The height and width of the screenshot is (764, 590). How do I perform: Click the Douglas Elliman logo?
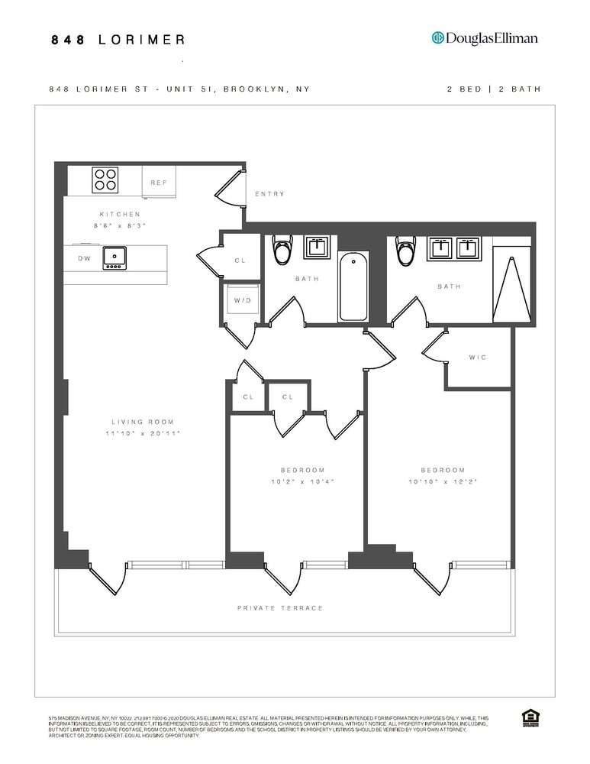485,38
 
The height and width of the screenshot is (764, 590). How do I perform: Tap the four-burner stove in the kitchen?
105,180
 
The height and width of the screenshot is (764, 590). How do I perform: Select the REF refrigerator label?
159,183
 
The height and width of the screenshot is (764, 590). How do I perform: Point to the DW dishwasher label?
84,258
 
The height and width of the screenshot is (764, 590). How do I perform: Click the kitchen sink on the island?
114,257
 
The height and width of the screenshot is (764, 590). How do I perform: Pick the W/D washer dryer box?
242,299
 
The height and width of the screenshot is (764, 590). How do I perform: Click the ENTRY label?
269,194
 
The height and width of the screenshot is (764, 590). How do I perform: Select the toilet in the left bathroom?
282,249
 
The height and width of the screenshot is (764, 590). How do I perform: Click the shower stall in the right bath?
511,283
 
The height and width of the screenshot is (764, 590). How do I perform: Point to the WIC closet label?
478,358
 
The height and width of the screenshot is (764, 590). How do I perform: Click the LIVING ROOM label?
143,422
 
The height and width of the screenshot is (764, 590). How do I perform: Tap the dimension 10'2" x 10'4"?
302,481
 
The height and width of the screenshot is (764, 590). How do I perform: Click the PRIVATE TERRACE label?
280,608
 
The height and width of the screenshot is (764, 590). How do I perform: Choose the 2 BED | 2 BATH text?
494,89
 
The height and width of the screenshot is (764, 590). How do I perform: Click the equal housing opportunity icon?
527,717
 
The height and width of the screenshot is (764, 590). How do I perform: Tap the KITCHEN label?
120,215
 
